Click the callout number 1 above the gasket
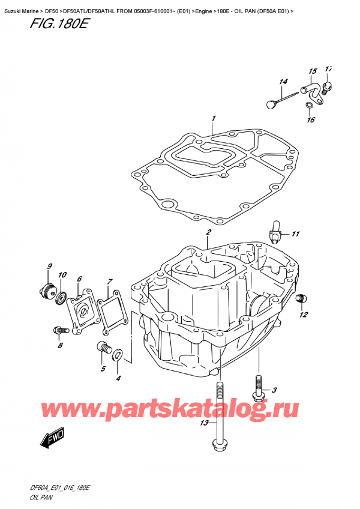[x=213, y=119]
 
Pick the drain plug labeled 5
[x=104, y=348]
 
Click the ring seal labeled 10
[x=61, y=297]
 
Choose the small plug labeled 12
[x=302, y=298]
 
